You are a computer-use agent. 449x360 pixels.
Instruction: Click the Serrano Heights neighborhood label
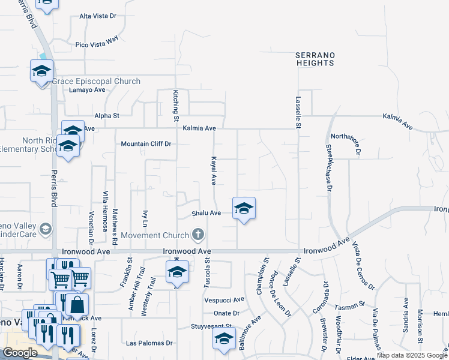315,59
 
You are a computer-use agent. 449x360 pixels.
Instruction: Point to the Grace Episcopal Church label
96,81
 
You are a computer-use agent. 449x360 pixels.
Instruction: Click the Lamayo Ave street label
87,90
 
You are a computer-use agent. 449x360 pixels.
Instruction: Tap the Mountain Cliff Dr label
146,144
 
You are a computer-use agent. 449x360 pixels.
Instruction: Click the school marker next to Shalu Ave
244,209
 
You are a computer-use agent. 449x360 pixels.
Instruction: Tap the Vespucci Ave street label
224,299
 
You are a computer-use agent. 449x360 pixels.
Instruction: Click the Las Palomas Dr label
149,344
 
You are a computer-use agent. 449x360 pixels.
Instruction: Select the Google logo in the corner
20,353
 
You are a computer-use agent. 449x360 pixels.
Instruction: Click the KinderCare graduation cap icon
45,229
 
